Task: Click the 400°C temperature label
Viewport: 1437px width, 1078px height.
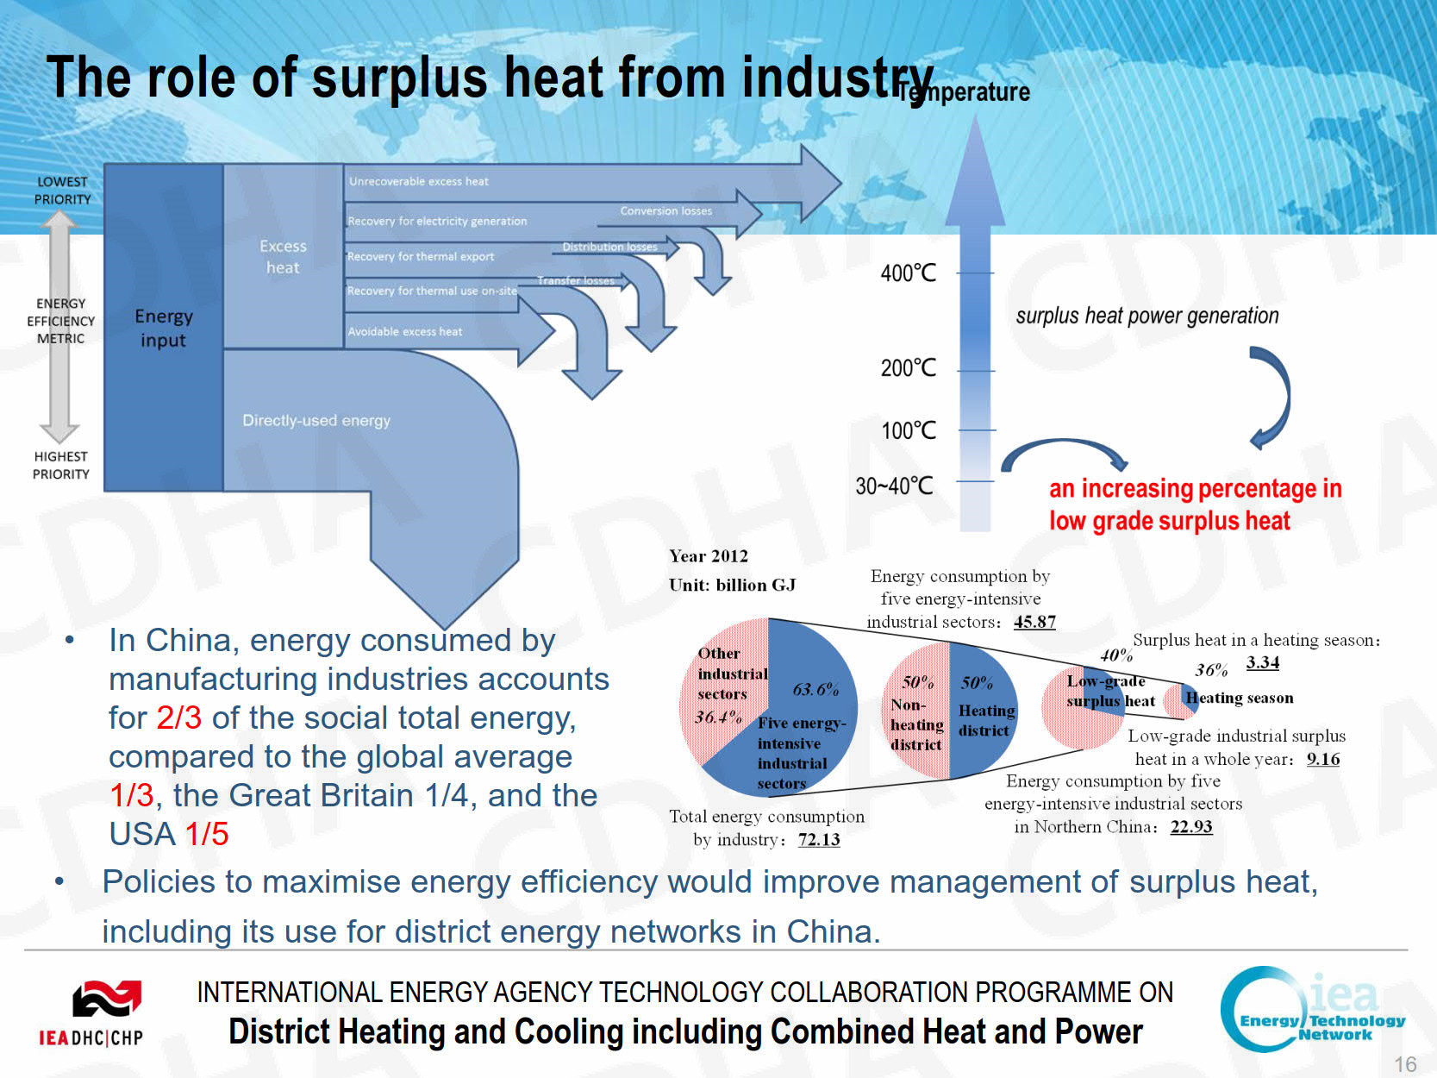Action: [908, 273]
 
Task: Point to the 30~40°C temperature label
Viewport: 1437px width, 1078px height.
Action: [894, 486]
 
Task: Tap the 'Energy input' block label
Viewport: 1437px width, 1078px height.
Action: [163, 328]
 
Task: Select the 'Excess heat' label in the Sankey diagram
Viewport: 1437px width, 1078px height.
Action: [283, 256]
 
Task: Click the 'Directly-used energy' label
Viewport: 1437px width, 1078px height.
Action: [316, 420]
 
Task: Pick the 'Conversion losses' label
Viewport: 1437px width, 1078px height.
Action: [665, 210]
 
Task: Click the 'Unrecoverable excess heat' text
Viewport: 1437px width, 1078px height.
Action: [418, 181]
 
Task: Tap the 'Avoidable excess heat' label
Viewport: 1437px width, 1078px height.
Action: [404, 331]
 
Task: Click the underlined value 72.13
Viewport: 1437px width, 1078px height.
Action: [818, 839]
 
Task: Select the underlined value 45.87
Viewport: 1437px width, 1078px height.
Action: [1034, 621]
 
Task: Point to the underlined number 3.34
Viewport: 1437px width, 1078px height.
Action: [1262, 661]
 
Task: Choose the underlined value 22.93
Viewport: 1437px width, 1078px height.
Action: [1190, 826]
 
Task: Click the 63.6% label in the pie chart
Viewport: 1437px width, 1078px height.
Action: [815, 688]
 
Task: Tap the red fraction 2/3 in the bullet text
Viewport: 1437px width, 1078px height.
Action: [178, 718]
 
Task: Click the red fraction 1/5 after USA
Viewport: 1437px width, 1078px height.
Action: [206, 834]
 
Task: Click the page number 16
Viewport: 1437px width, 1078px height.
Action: [1405, 1064]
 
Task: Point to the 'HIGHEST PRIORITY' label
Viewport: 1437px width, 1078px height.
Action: [60, 465]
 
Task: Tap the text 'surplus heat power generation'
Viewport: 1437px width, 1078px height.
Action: [1146, 316]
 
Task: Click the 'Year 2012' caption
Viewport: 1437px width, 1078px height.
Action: [708, 556]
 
